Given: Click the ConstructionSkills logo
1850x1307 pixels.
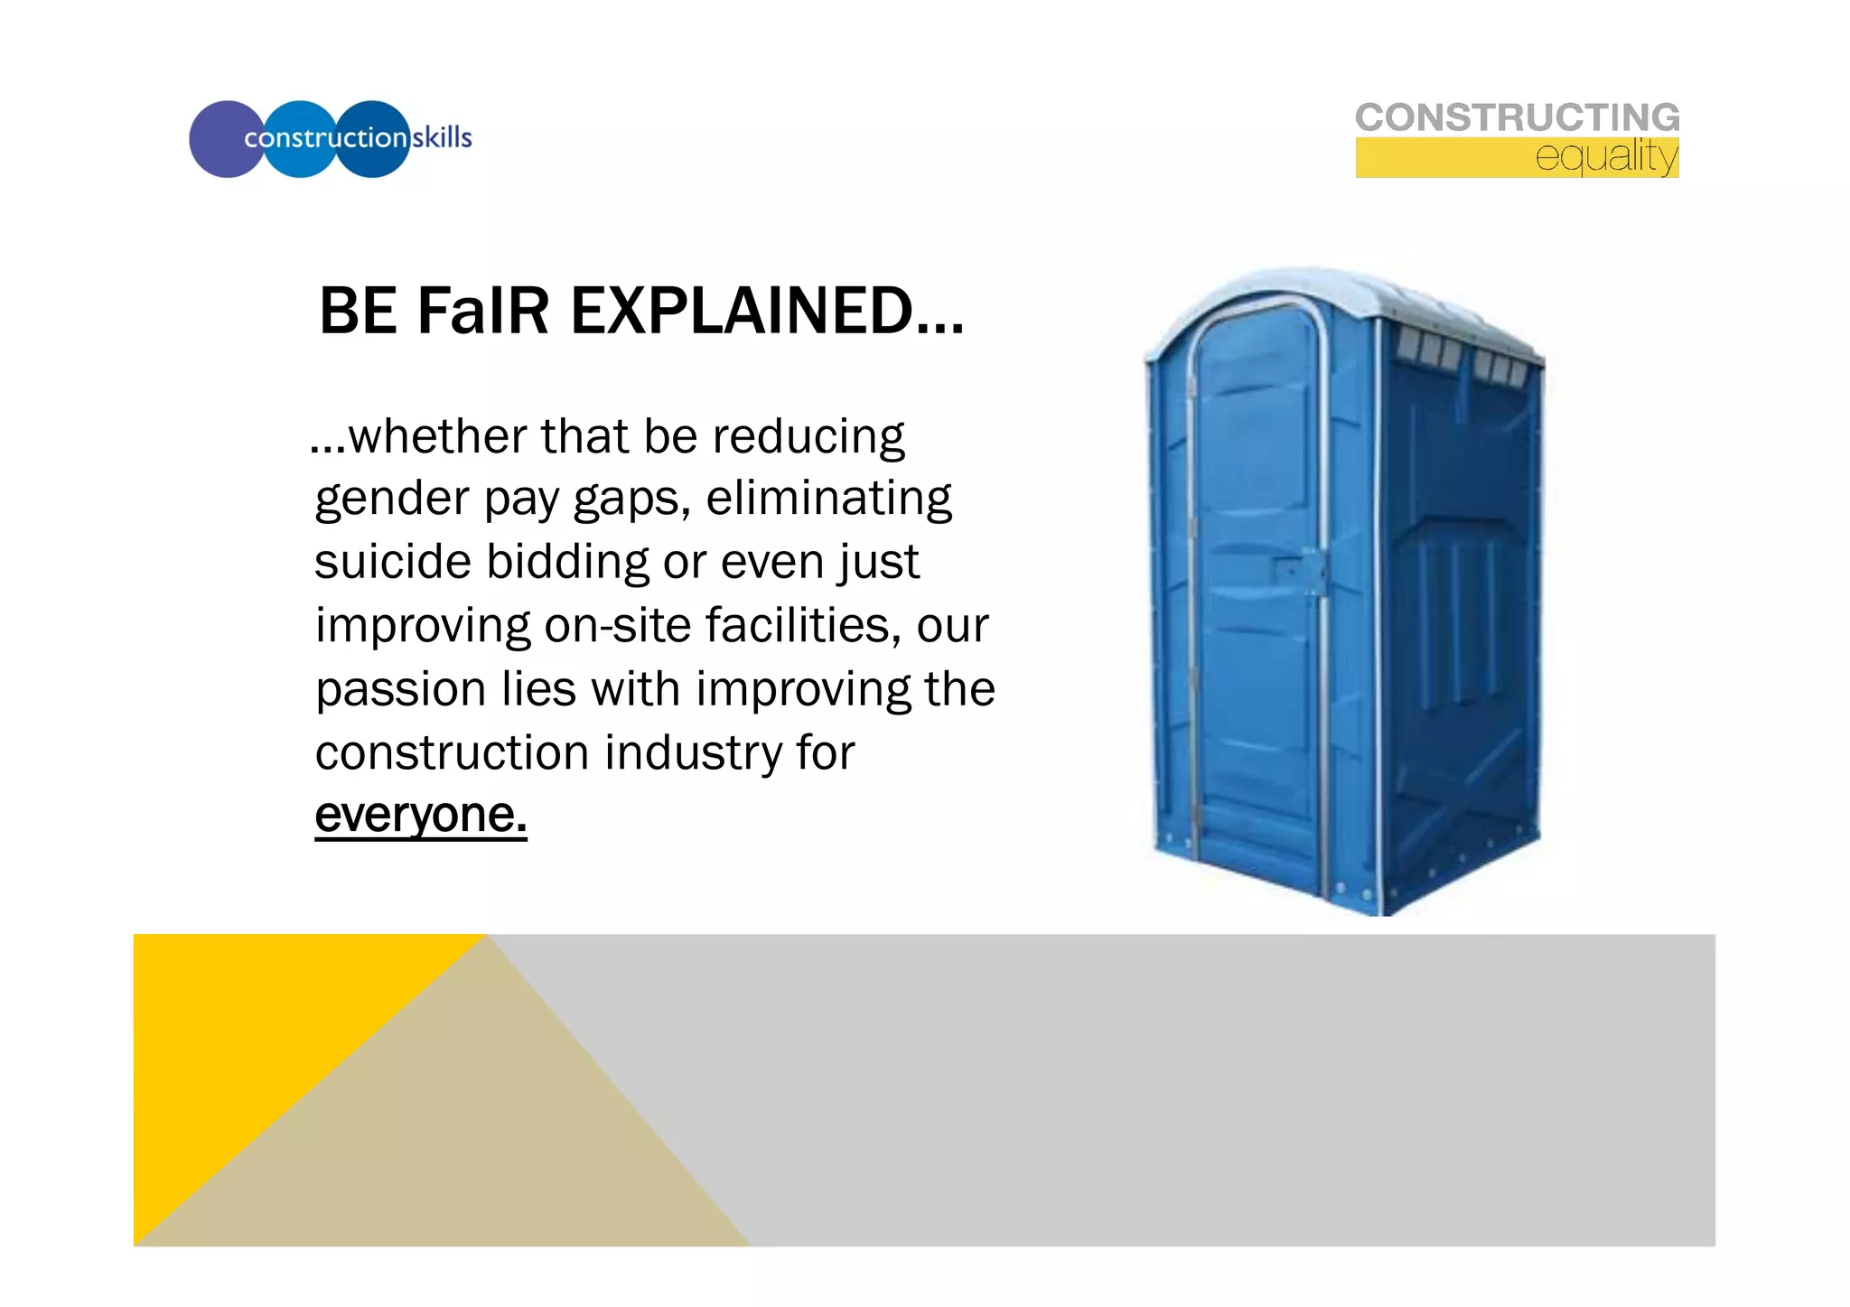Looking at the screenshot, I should pos(330,138).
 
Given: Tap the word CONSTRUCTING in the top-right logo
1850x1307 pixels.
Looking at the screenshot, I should pos(1517,118).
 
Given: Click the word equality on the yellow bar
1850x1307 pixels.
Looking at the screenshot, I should pos(1606,157).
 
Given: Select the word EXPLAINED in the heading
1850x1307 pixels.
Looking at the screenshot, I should pos(767,312).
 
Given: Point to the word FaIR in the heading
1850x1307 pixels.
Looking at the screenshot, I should pos(483,312).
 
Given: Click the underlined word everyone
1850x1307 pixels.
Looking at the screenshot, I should pos(420,815).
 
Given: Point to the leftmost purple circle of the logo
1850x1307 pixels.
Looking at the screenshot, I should pos(223,139).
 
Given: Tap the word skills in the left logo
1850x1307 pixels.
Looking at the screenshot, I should pos(442,138).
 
